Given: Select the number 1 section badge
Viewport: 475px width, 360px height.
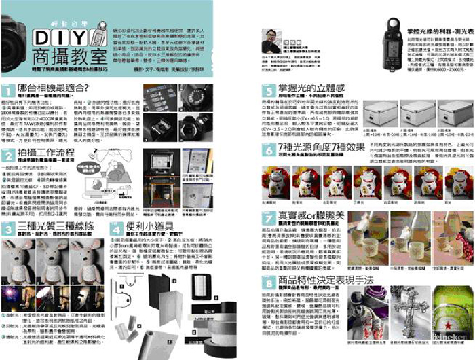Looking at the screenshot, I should (x=9, y=90).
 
